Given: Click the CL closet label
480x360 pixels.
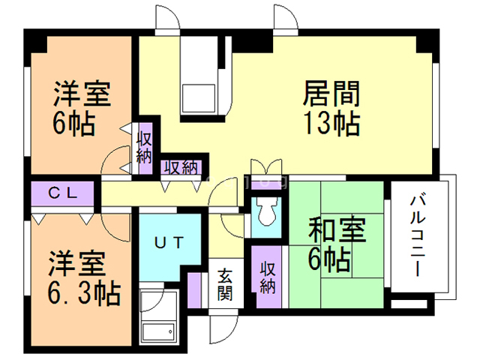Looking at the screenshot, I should pos(63,193).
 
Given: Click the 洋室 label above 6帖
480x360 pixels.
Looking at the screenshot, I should pos(82,95).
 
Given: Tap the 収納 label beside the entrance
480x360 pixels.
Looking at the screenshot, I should pos(268,277).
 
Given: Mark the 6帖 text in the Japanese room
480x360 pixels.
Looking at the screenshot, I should pos(329,260).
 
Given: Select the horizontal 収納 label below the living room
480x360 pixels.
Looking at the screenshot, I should pos(181,166).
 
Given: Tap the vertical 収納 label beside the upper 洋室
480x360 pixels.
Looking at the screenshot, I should pos(145,148).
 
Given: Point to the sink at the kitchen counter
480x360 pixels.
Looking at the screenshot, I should pos(198,95).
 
